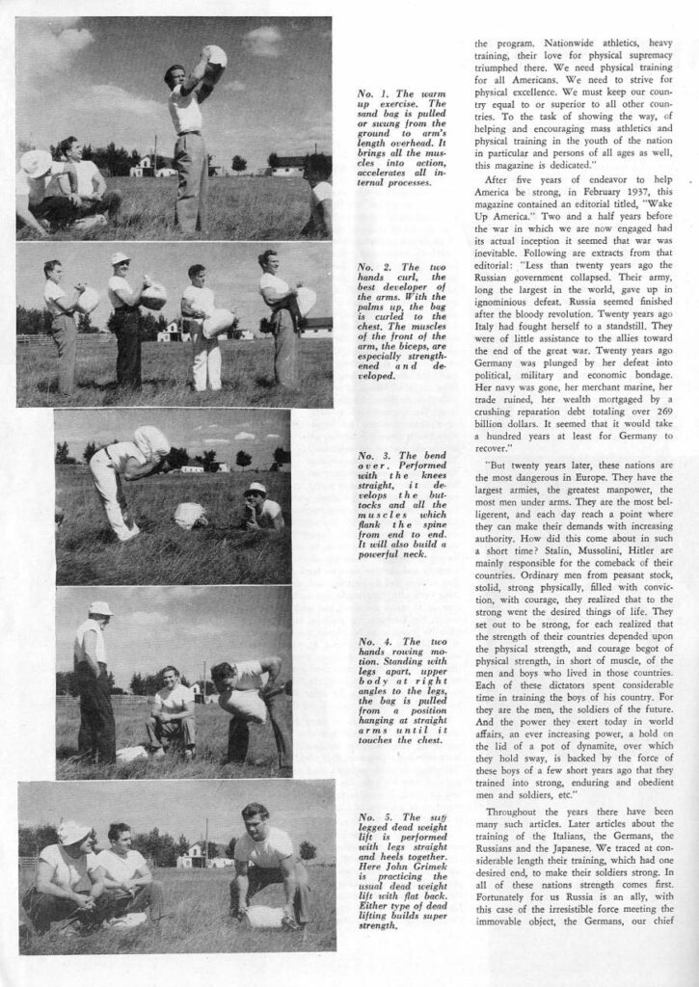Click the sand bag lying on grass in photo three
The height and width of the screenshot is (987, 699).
click(191, 516)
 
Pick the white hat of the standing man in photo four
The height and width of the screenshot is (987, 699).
click(99, 608)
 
